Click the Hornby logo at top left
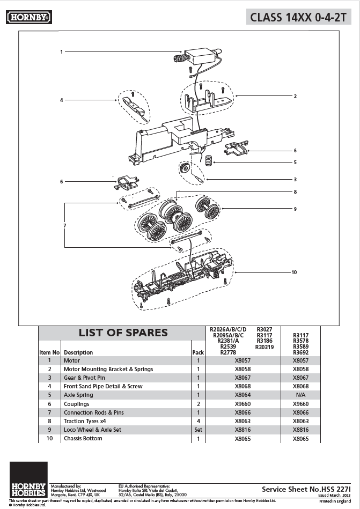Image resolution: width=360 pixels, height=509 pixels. click(x=29, y=18)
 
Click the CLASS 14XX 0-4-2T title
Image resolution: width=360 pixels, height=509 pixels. click(x=298, y=17)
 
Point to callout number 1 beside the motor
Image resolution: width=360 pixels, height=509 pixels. click(x=62, y=52)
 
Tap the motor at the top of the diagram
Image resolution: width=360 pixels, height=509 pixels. click(x=199, y=56)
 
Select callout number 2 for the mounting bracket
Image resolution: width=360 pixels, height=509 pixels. click(x=295, y=97)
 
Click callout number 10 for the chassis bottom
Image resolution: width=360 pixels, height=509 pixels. click(x=293, y=272)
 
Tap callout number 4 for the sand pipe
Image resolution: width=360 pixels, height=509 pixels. click(x=62, y=100)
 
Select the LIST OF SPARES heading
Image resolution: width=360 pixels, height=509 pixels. click(x=123, y=333)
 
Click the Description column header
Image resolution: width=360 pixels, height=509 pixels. click(x=78, y=352)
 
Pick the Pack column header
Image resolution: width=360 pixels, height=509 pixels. click(x=198, y=352)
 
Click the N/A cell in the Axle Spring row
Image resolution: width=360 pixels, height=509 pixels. click(x=300, y=395)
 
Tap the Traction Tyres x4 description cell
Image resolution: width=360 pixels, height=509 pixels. click(x=89, y=421)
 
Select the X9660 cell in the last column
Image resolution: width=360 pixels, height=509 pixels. click(x=300, y=404)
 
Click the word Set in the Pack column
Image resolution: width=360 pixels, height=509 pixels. click(x=198, y=430)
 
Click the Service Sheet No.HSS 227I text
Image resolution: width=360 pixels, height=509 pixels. click(x=306, y=489)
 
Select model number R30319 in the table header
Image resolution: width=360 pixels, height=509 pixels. click(x=265, y=347)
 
